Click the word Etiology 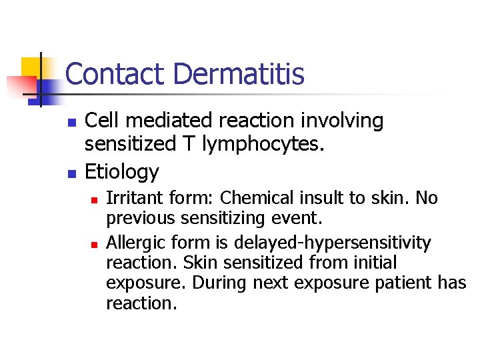pos(122,172)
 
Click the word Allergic pos(134,242)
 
